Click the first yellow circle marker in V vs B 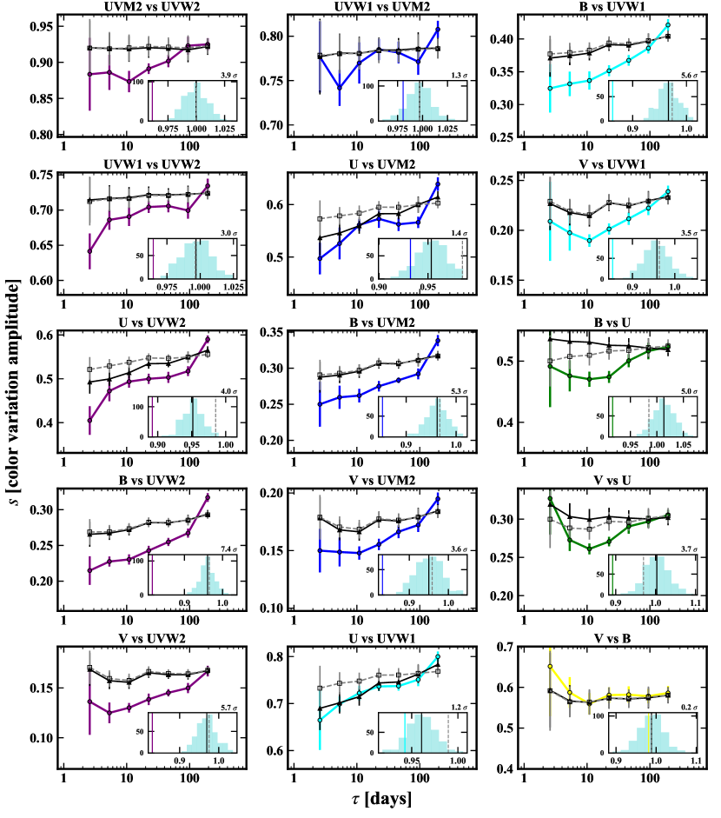pos(550,667)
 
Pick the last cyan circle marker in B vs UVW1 pos(667,24)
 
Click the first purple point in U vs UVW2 pos(89,421)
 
